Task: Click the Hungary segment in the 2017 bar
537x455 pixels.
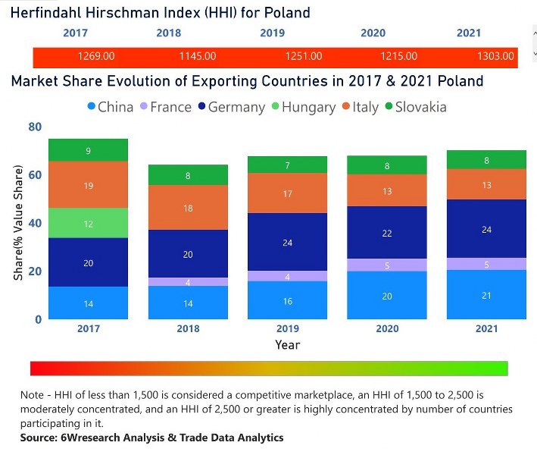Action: click(x=88, y=223)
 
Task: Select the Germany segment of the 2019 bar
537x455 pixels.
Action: click(x=287, y=242)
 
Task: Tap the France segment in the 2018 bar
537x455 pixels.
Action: click(x=188, y=282)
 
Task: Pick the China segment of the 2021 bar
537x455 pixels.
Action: click(x=486, y=294)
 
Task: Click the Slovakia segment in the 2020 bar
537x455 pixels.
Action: click(x=387, y=165)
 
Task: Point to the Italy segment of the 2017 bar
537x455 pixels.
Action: click(x=88, y=185)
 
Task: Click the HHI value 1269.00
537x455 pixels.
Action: click(x=96, y=56)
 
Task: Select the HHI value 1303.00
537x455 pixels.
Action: click(x=495, y=56)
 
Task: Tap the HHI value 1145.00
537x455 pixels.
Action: click(x=198, y=56)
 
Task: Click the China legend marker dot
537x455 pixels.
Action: click(x=92, y=106)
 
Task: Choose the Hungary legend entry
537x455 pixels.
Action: click(x=304, y=108)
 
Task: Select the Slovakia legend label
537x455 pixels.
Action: click(x=421, y=107)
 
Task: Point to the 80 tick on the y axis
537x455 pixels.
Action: click(x=35, y=127)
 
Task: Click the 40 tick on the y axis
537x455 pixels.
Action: click(x=35, y=223)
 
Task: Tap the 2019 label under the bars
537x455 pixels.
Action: click(x=288, y=328)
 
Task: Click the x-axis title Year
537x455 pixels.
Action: click(x=288, y=344)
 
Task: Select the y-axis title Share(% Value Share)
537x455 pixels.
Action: click(x=18, y=223)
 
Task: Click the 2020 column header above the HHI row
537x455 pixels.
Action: click(x=373, y=33)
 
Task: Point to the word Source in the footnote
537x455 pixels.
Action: click(x=37, y=438)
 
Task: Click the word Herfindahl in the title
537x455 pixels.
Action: click(x=46, y=13)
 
